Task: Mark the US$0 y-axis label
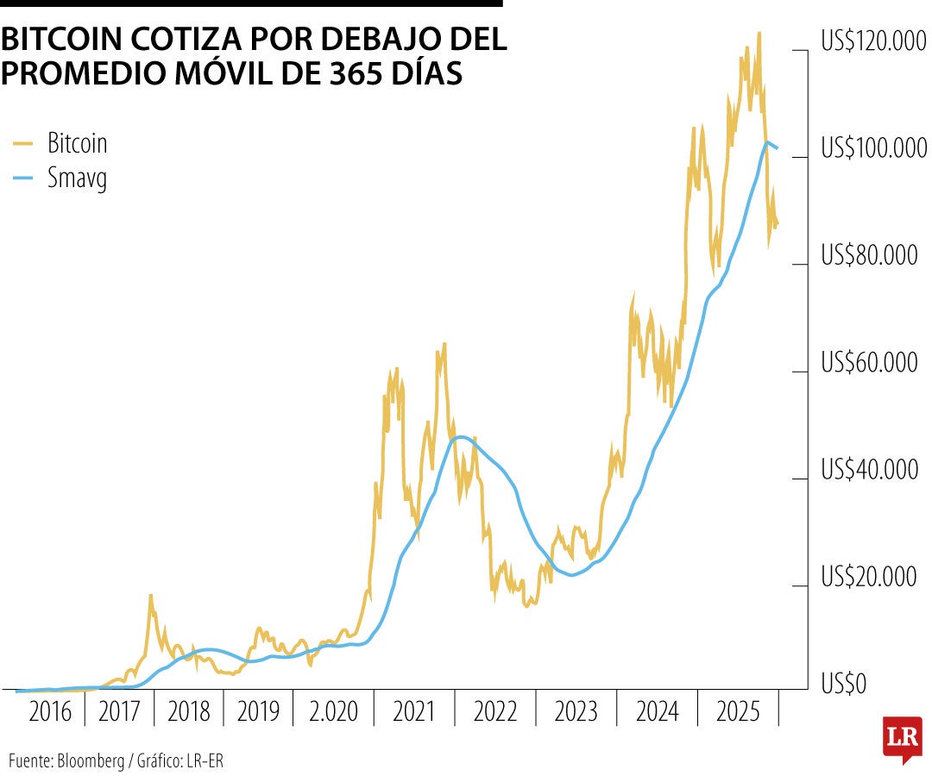[844, 685]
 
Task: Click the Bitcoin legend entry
[77, 143]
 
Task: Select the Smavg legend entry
[77, 178]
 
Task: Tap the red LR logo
[902, 738]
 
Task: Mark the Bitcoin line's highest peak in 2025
[759, 34]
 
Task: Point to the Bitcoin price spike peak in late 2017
[150, 595]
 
